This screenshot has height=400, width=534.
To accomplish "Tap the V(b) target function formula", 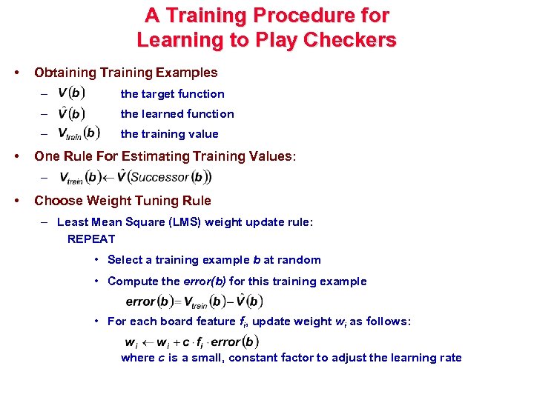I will click(x=71, y=93).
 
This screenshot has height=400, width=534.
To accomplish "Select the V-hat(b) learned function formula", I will click(x=71, y=113).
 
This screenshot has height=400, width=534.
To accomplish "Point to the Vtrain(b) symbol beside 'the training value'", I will click(x=79, y=133).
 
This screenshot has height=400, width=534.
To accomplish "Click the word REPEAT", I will click(x=91, y=239).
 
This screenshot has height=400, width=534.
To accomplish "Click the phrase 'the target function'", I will click(x=172, y=94).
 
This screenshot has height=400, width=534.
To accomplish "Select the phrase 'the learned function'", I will click(x=177, y=114).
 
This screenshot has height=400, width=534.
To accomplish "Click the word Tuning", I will click(x=154, y=201).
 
